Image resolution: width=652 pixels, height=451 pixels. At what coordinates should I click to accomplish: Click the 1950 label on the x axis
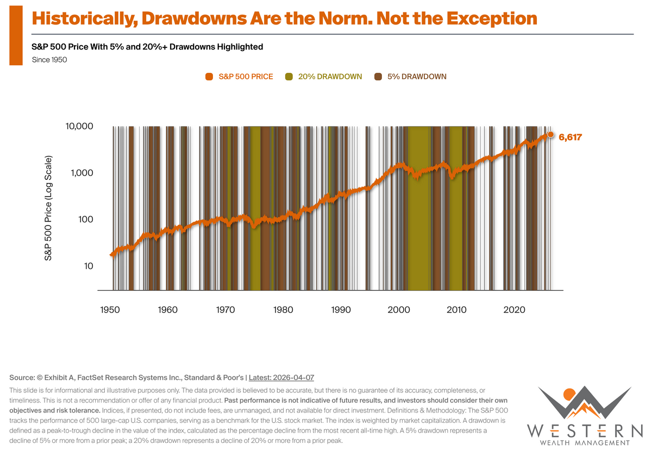click(x=110, y=310)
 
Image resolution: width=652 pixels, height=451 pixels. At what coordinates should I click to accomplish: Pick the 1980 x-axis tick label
click(x=283, y=310)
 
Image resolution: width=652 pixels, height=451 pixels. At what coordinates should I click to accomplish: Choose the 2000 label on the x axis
click(x=399, y=310)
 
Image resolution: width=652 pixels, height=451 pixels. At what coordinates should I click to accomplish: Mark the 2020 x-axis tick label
click(x=514, y=310)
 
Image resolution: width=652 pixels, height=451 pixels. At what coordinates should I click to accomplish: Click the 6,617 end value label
click(x=570, y=137)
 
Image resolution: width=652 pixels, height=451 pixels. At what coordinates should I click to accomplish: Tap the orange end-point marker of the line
click(x=550, y=134)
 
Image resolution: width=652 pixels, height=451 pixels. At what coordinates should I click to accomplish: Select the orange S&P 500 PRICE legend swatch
click(x=209, y=77)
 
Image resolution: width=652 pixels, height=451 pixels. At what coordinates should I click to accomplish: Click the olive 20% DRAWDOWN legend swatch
click(x=289, y=77)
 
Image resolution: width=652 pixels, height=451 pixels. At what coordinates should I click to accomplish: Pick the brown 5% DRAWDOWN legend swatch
click(x=378, y=77)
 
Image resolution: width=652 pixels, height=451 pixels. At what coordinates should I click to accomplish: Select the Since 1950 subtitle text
click(x=49, y=60)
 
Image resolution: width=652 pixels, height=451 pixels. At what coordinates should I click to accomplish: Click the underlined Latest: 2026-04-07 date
click(x=281, y=377)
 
